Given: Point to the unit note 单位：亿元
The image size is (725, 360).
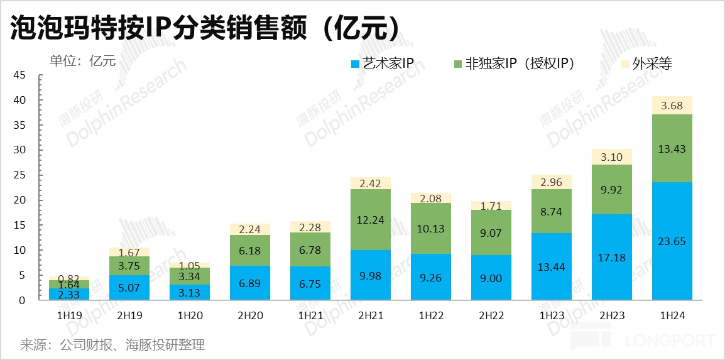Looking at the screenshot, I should click(x=83, y=60).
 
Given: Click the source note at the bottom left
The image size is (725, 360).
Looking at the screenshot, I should click(x=112, y=345).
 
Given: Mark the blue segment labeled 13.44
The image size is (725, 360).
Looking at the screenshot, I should click(x=552, y=267).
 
